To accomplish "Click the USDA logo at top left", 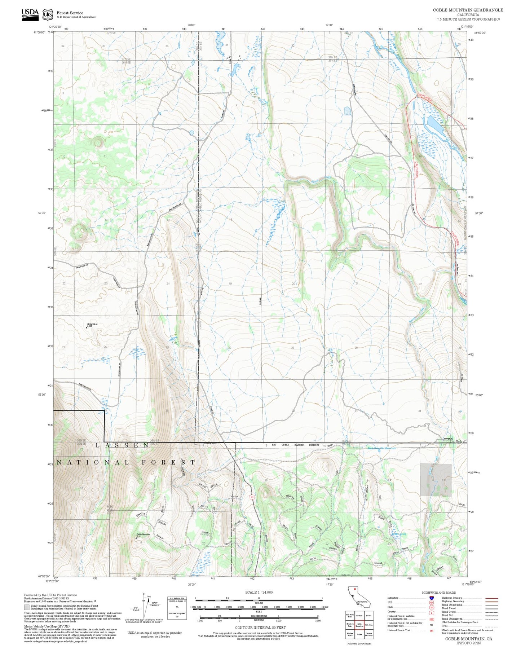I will pos(30,14).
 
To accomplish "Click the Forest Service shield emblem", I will pos(48,14).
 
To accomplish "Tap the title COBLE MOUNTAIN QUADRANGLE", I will pos(468,10).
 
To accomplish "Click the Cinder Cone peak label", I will pos(92,324).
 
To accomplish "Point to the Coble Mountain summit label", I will pos(143,534).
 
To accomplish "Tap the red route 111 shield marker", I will pos(252,497).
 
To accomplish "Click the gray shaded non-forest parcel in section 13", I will pos(436,480).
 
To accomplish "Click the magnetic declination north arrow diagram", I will pos(145,606).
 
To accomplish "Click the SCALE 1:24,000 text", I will pos(259,592).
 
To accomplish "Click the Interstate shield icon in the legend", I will pos(431,598).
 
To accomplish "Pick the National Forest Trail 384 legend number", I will pos(431,630).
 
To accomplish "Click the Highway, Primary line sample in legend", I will pos(491,598).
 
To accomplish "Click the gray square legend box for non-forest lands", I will pos(27,607).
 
